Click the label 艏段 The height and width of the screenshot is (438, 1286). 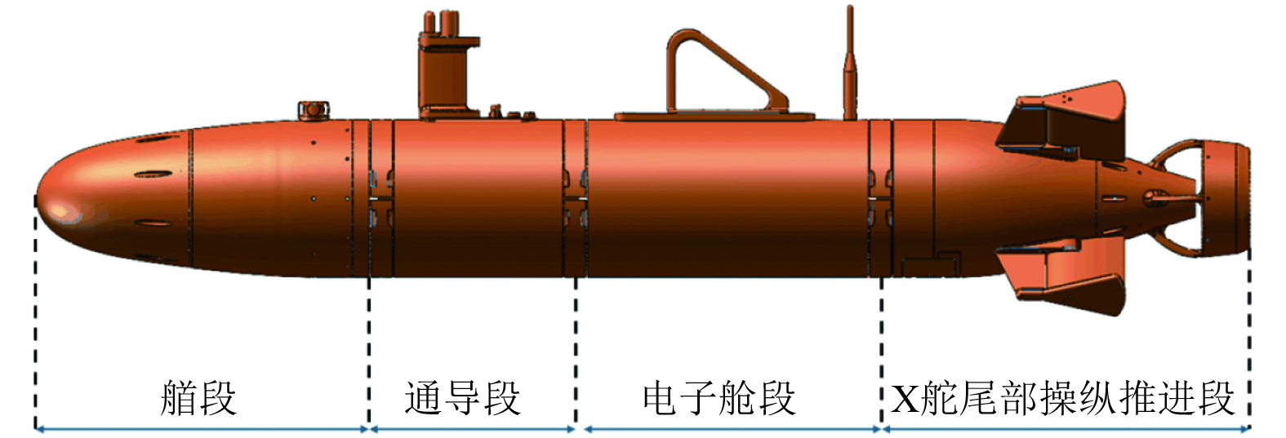click(x=198, y=398)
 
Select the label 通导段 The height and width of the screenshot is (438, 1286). click(x=462, y=398)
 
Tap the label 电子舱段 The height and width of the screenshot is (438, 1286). click(x=719, y=398)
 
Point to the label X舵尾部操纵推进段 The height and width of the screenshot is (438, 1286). click(x=1062, y=398)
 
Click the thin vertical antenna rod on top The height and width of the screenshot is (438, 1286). click(x=850, y=65)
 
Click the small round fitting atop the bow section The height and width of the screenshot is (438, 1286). click(x=312, y=109)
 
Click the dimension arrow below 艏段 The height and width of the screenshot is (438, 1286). click(x=202, y=428)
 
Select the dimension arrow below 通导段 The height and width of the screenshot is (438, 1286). click(x=473, y=428)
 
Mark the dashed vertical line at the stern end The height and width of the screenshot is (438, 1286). click(x=1249, y=326)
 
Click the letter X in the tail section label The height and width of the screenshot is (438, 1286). click(x=904, y=399)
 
